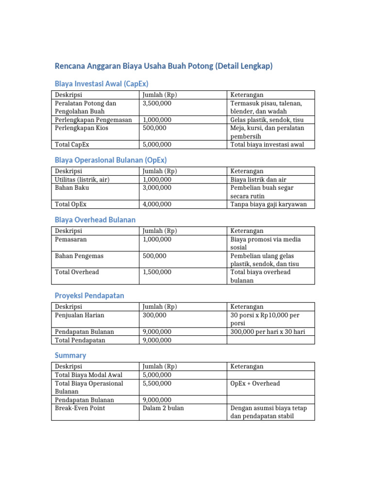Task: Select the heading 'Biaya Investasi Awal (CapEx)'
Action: (102, 83)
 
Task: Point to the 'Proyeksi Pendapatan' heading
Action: (89, 295)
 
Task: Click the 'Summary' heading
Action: (70, 355)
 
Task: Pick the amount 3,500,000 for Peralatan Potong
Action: (157, 103)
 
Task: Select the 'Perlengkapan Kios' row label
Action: (82, 128)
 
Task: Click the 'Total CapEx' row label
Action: (72, 145)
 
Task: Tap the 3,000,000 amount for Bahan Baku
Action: (157, 188)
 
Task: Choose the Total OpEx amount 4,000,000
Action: (157, 204)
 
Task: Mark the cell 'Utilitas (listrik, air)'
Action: (82, 180)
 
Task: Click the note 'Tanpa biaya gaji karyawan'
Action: (268, 204)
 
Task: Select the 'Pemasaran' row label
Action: (71, 239)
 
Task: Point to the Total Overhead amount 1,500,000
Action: (157, 272)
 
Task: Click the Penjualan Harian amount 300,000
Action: (154, 315)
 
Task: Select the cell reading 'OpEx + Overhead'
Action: (255, 383)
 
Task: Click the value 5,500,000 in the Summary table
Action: (157, 383)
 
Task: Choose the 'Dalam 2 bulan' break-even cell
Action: (163, 408)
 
